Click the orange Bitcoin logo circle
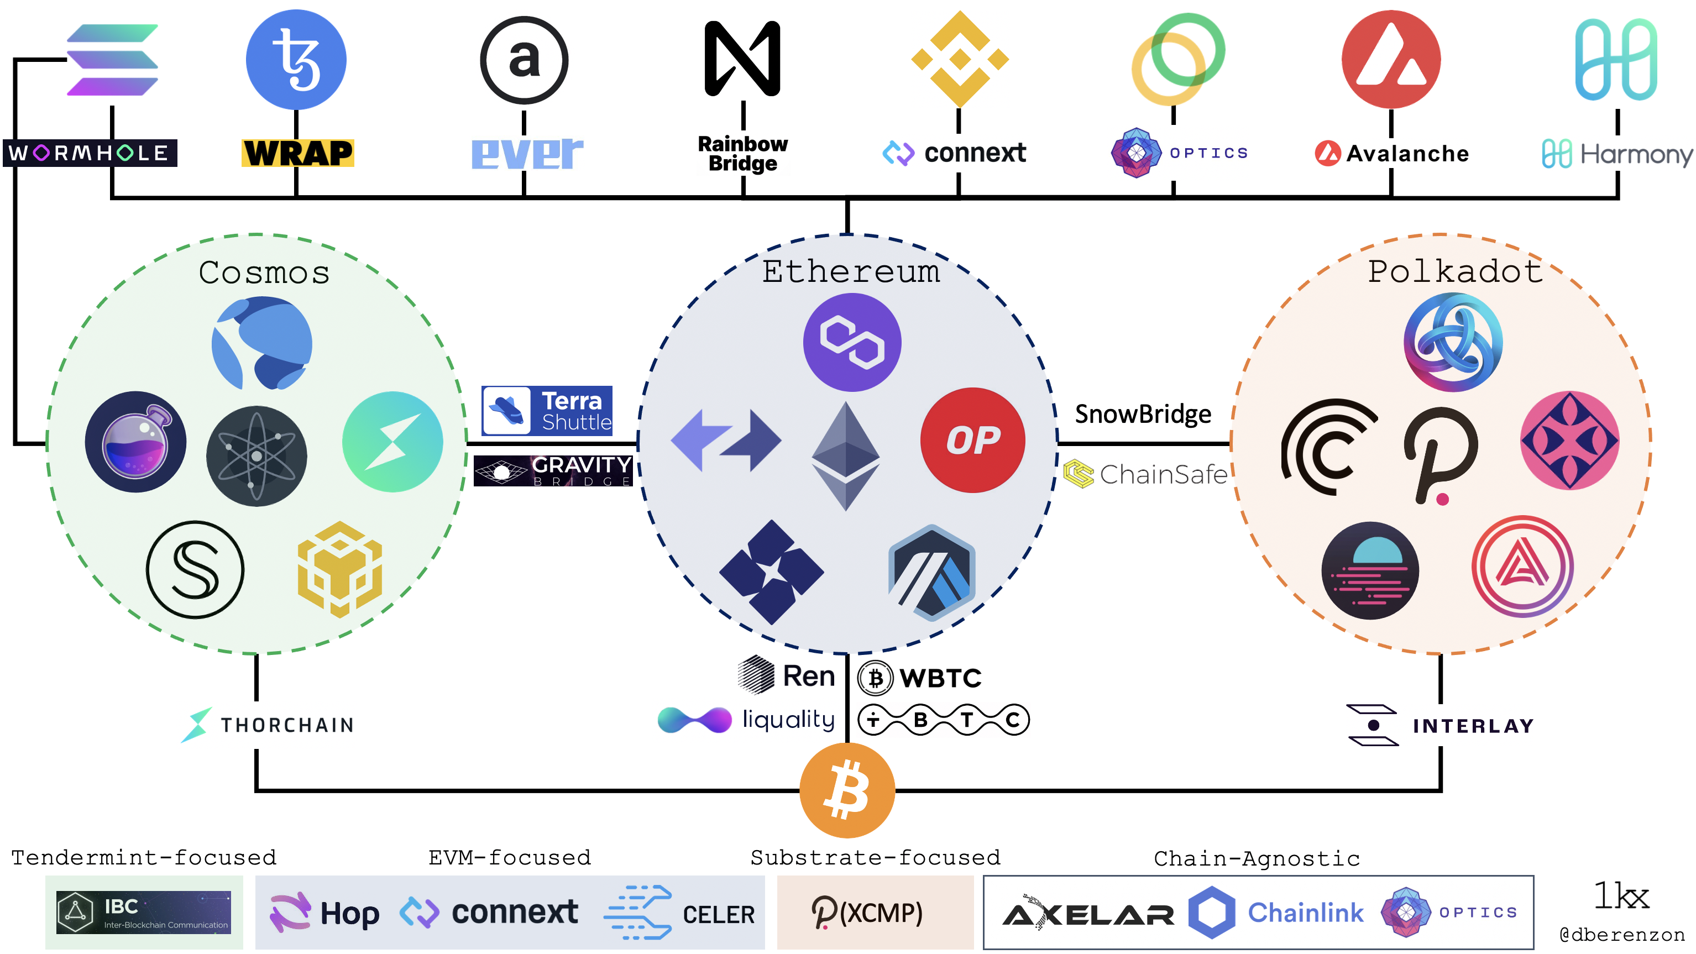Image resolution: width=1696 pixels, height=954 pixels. pyautogui.click(x=847, y=789)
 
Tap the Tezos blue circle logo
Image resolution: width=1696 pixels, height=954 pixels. pyautogui.click(x=296, y=59)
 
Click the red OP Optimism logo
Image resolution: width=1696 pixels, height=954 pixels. pyautogui.click(x=972, y=440)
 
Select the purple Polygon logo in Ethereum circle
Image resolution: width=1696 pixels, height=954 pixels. pyautogui.click(x=852, y=342)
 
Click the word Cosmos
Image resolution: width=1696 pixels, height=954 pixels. pyautogui.click(x=264, y=272)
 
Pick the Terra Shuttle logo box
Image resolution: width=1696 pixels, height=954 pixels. pyautogui.click(x=547, y=411)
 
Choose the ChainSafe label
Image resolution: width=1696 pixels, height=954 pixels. pyautogui.click(x=1145, y=474)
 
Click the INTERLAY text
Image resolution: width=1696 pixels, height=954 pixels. pyautogui.click(x=1473, y=726)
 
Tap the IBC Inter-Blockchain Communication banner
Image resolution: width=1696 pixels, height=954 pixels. pyautogui.click(x=144, y=912)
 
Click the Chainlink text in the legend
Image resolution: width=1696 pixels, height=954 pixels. pyautogui.click(x=1305, y=912)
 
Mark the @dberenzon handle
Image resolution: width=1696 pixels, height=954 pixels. pyautogui.click(x=1621, y=934)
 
